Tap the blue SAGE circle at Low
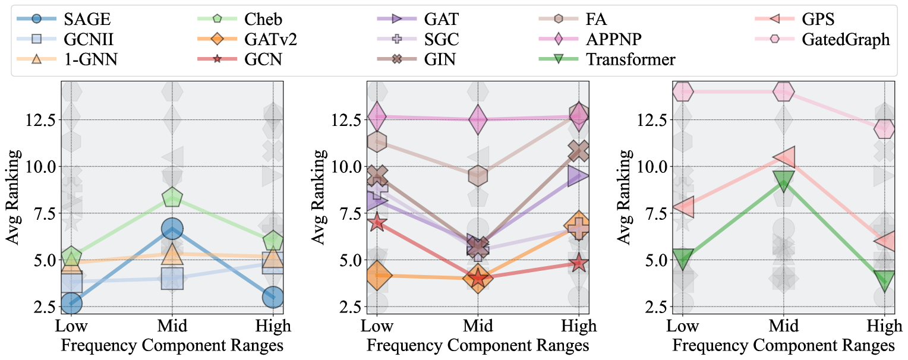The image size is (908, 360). (71, 302)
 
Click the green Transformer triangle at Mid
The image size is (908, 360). (784, 181)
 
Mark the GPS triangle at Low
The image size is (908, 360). (683, 207)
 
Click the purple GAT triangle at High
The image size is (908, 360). (579, 175)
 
